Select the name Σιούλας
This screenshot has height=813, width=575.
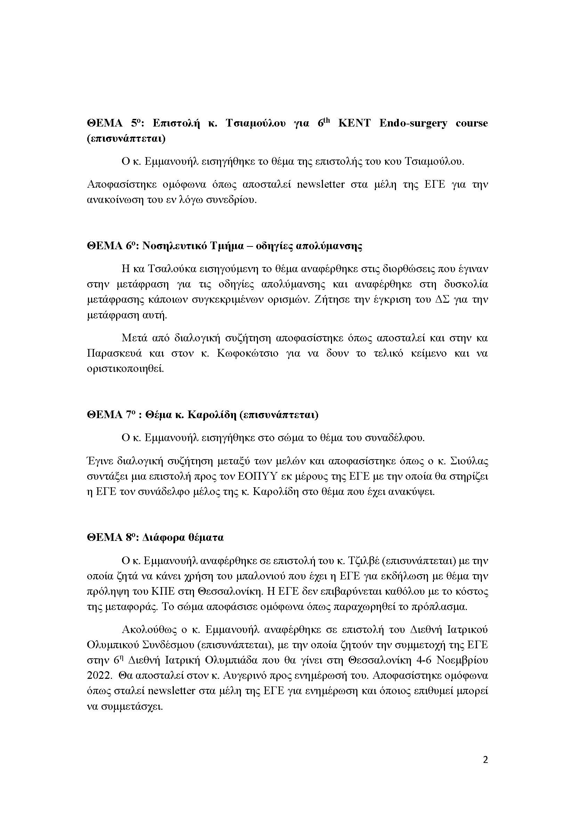coord(469,461)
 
